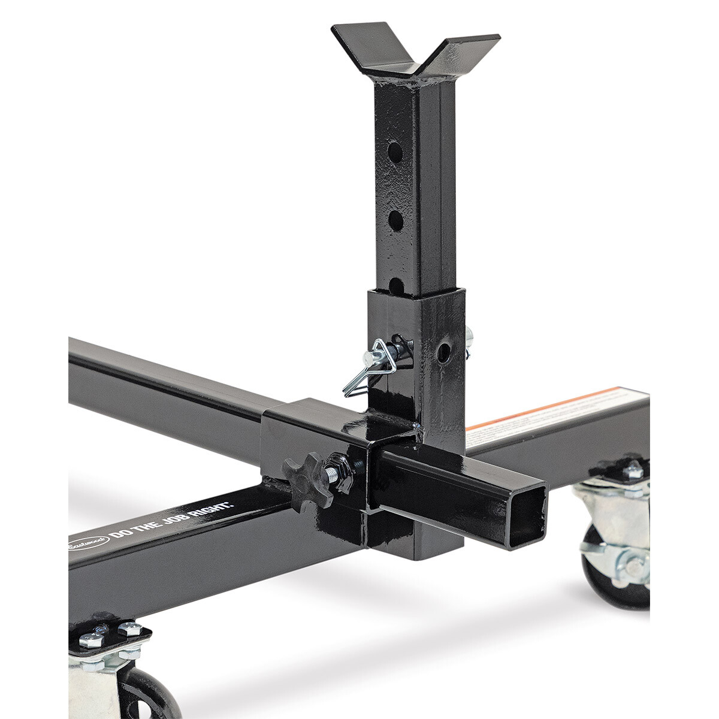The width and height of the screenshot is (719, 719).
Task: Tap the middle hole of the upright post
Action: (x=395, y=220)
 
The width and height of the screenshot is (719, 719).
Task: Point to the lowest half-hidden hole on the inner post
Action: (x=396, y=284)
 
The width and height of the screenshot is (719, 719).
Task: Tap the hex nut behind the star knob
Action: (x=337, y=467)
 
